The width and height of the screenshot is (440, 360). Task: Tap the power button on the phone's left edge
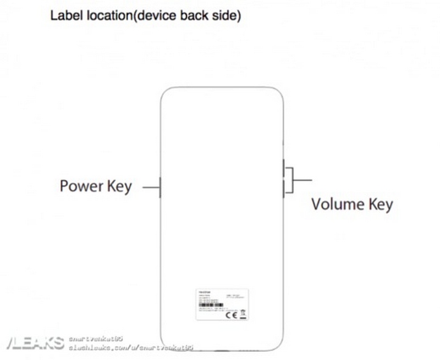(x=159, y=187)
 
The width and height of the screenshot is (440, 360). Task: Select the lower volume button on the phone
(x=284, y=189)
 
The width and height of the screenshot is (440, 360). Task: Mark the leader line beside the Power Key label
(x=150, y=187)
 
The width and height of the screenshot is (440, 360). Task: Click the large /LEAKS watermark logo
(x=33, y=343)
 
